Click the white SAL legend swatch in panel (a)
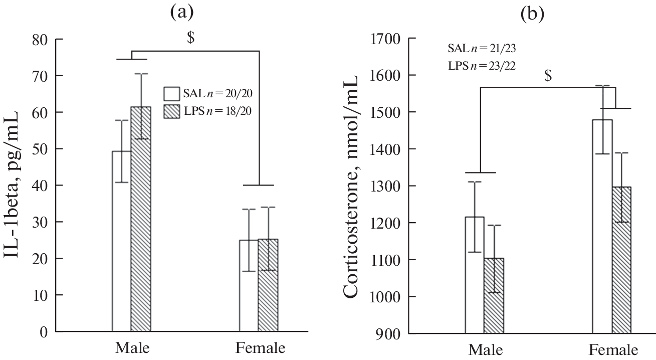171,94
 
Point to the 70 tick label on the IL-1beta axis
41,76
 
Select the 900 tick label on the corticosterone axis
389,334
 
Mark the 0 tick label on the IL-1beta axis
44,332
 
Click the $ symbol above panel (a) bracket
190,39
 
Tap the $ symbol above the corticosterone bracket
548,76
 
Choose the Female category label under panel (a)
261,348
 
